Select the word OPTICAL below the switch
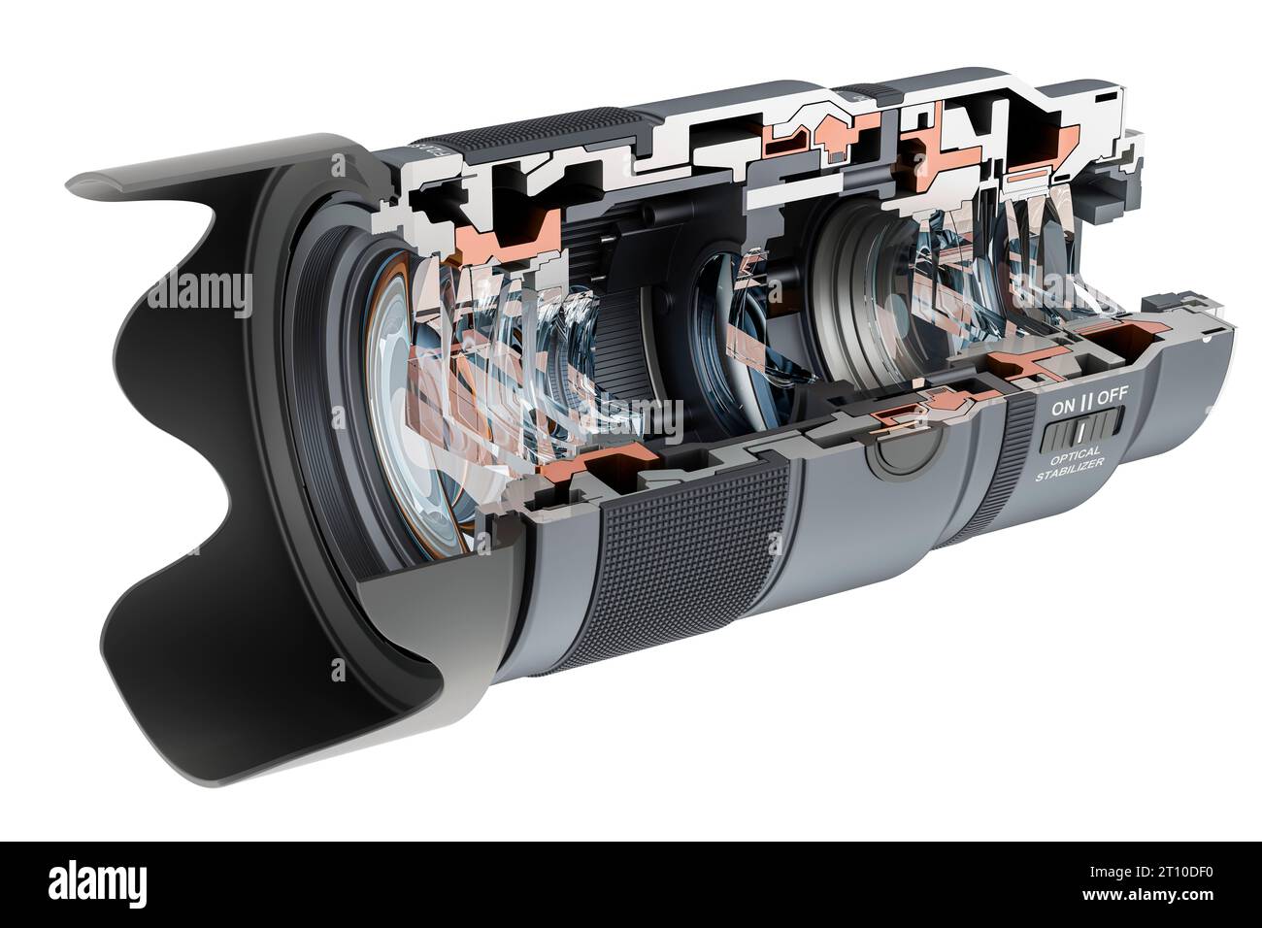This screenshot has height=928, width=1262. click(x=1074, y=454)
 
